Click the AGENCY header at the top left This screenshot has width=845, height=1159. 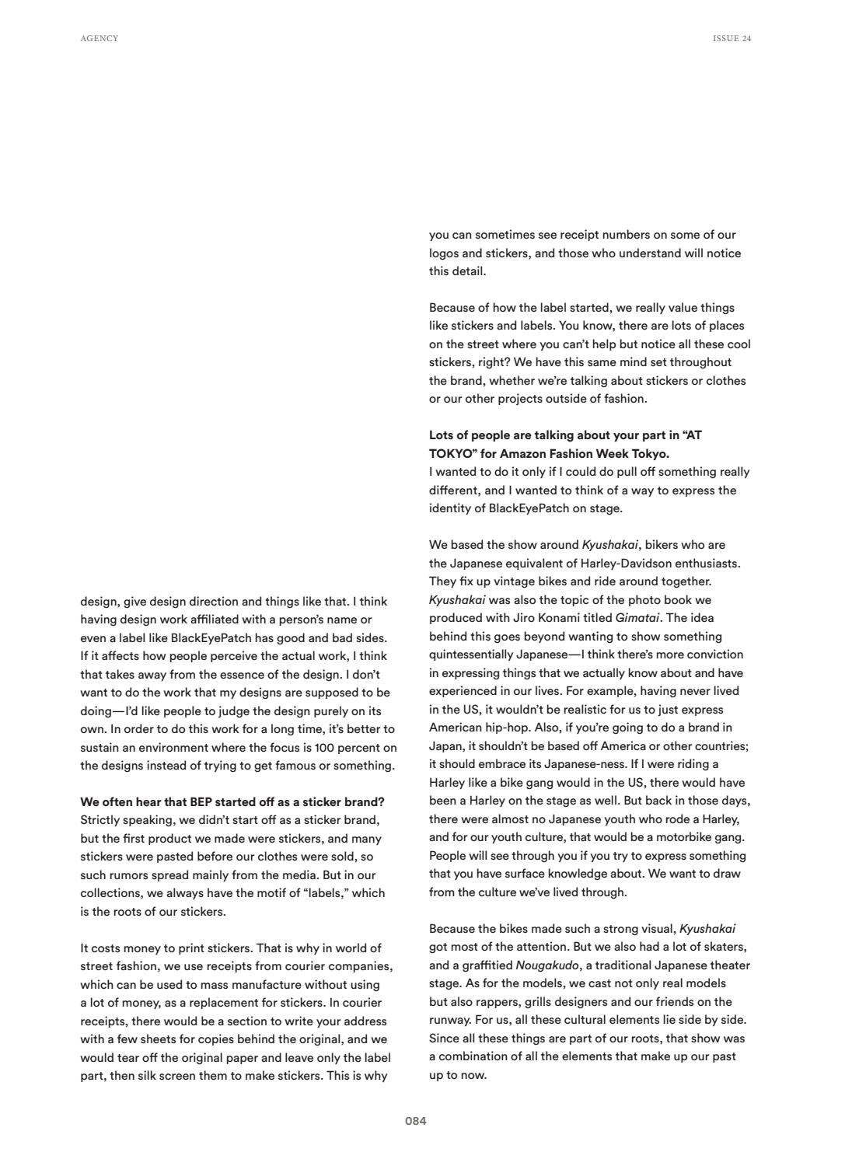(x=100, y=38)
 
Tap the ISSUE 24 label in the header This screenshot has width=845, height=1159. (x=732, y=38)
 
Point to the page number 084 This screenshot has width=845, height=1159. (x=415, y=1121)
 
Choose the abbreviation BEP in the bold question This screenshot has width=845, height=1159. (x=201, y=801)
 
